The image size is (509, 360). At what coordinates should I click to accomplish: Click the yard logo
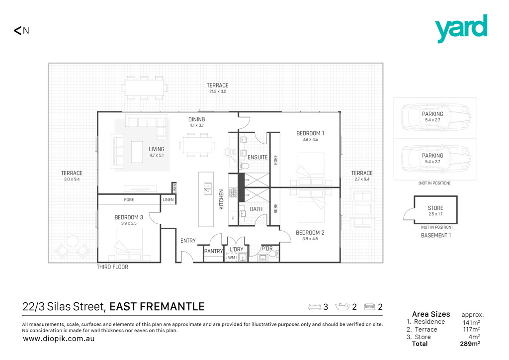461,28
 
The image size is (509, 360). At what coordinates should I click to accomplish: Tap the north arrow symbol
17,30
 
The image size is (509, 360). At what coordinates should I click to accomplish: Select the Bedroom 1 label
310,133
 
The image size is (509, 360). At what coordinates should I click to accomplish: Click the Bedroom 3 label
129,217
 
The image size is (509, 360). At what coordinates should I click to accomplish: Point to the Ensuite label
257,158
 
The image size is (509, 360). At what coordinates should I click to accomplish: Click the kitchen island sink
208,189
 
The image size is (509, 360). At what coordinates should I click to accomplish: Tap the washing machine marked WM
232,258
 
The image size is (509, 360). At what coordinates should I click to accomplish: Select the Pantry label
213,251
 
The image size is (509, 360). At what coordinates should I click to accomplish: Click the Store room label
435,208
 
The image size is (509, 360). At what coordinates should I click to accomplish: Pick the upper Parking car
435,117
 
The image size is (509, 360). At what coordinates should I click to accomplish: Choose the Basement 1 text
435,236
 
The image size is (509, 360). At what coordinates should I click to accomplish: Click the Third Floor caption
112,267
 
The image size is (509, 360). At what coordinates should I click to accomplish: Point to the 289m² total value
470,344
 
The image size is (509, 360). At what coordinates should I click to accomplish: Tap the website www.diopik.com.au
59,339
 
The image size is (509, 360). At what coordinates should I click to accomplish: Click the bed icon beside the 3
315,307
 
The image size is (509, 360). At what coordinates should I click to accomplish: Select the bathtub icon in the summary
342,306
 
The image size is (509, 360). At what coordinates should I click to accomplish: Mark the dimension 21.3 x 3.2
218,91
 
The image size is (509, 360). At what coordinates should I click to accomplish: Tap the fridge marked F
233,218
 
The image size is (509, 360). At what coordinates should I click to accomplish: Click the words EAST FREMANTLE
157,307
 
